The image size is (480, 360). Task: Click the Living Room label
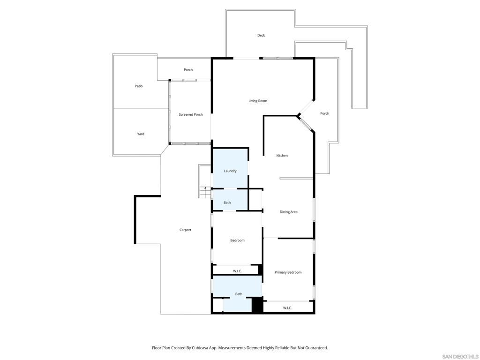(258, 101)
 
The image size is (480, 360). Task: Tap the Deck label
(261, 35)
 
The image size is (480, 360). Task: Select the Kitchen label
(282, 156)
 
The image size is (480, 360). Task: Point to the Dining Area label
(288, 212)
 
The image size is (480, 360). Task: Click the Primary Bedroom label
(288, 272)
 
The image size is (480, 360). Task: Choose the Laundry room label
(230, 171)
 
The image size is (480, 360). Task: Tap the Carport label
(185, 230)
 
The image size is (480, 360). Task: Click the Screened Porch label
(191, 114)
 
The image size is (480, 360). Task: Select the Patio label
(139, 86)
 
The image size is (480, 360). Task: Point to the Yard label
(141, 134)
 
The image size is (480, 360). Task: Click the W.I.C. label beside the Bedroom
(237, 271)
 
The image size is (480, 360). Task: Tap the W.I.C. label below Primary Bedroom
(287, 308)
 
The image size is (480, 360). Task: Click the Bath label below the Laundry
(227, 202)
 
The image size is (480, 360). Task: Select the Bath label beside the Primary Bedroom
(239, 294)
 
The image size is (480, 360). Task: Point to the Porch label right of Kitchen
(324, 113)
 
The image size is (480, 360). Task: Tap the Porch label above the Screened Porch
(188, 70)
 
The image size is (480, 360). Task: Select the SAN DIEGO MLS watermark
(460, 356)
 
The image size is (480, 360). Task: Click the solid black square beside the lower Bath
(257, 305)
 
